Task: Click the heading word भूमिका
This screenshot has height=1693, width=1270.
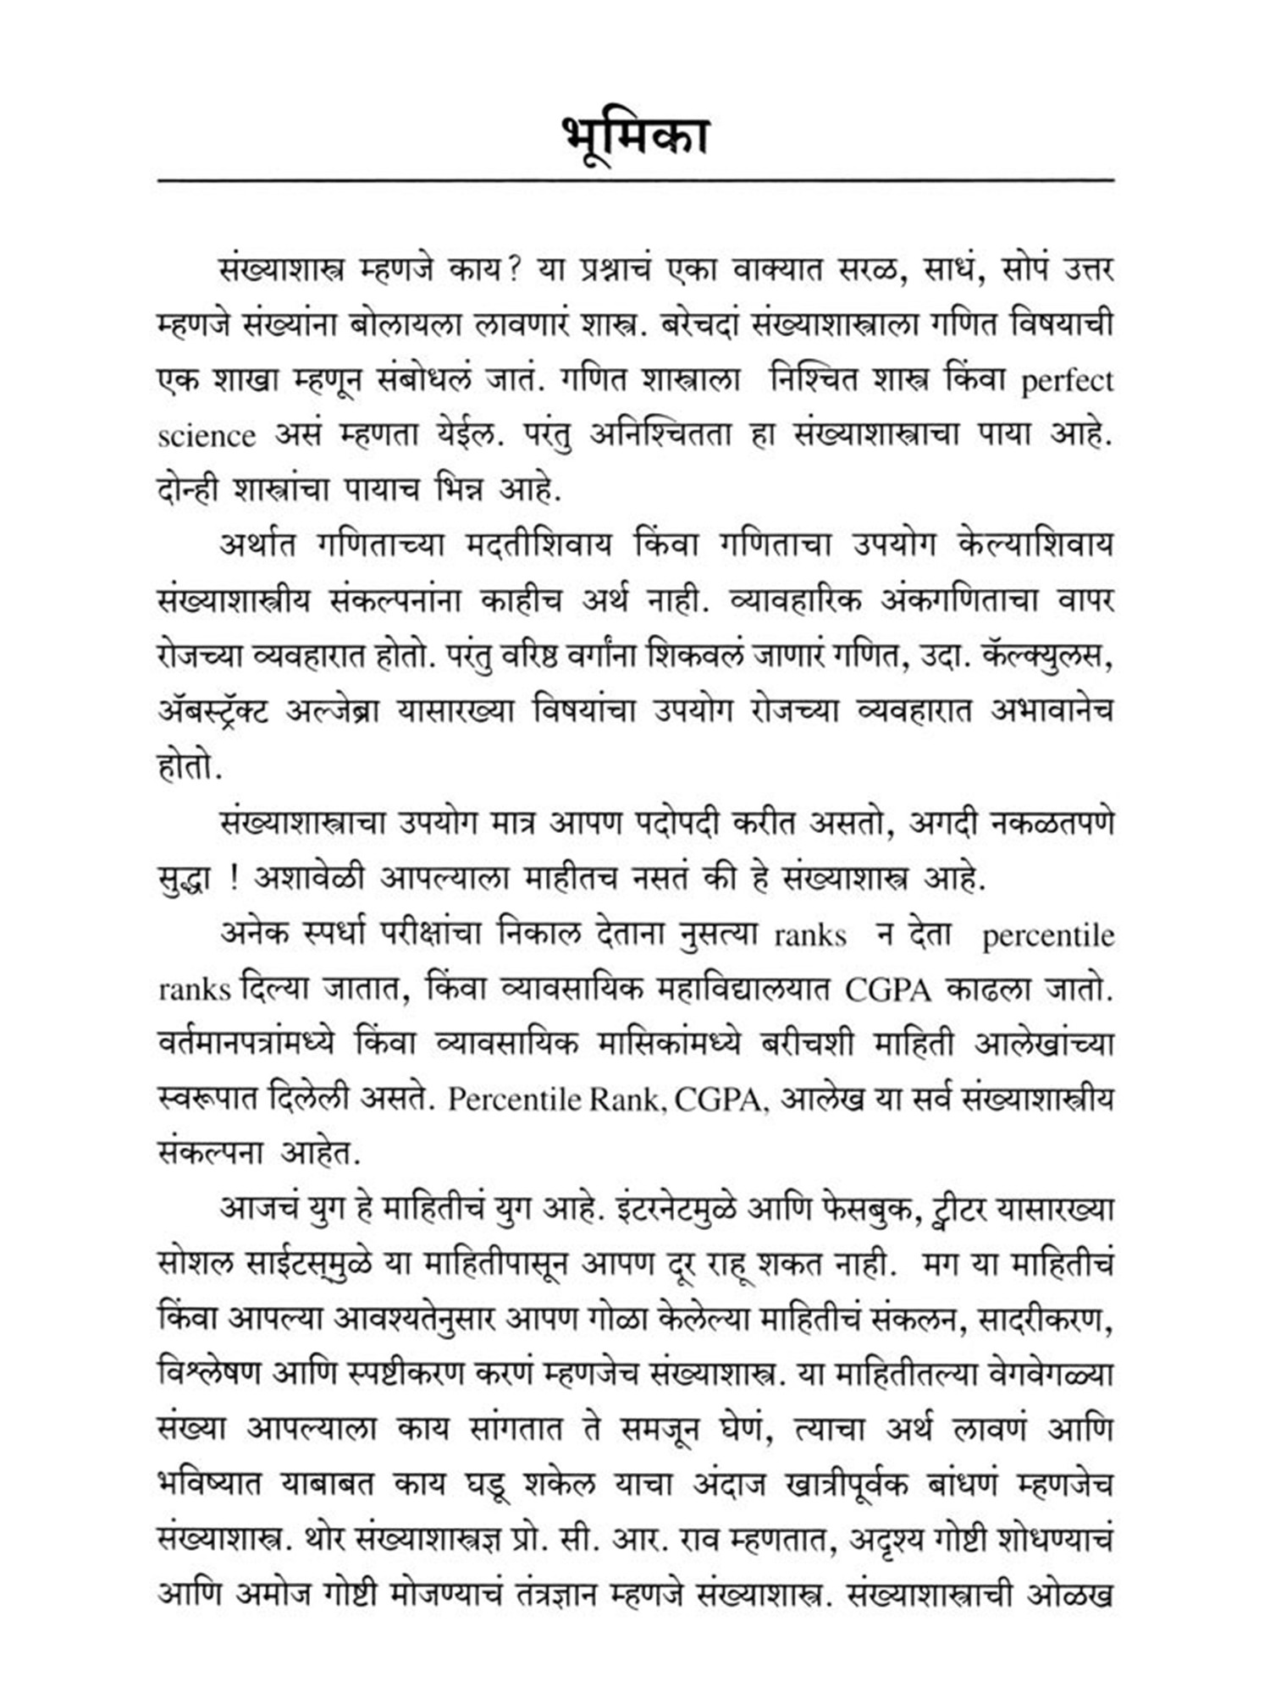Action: pyautogui.click(x=635, y=139)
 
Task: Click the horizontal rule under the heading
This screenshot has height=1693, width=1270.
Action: pyautogui.click(x=635, y=180)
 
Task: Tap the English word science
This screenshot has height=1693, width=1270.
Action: pyautogui.click(x=207, y=437)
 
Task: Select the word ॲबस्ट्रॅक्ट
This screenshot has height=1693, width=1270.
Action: pyautogui.click(x=213, y=713)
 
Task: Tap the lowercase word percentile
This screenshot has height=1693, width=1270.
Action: pyautogui.click(x=1048, y=935)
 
